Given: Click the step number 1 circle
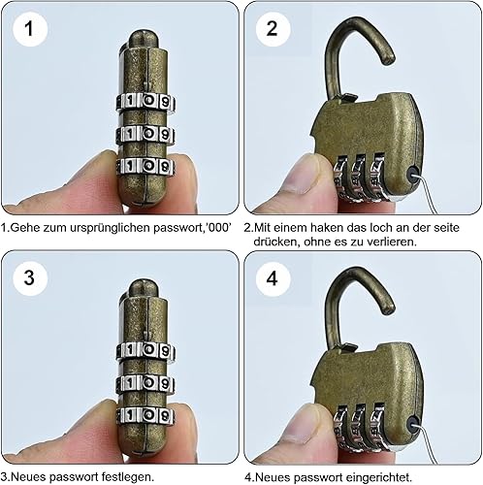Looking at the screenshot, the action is [x=30, y=29].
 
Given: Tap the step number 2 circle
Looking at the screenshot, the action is [x=273, y=29].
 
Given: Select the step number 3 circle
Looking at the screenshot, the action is [x=30, y=277].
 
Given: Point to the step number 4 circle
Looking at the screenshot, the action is [x=273, y=277].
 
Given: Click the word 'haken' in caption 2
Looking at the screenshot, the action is [x=328, y=228].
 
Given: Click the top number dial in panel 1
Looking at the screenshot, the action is [x=145, y=102].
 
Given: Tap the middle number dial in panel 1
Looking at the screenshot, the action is [x=145, y=134].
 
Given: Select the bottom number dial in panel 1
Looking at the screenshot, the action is [x=145, y=166].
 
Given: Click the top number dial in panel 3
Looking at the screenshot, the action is [x=145, y=350].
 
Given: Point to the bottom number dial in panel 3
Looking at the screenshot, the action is [x=145, y=415].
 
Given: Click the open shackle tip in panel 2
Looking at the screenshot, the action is [x=389, y=60].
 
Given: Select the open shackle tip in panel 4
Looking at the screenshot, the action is [x=389, y=309].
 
